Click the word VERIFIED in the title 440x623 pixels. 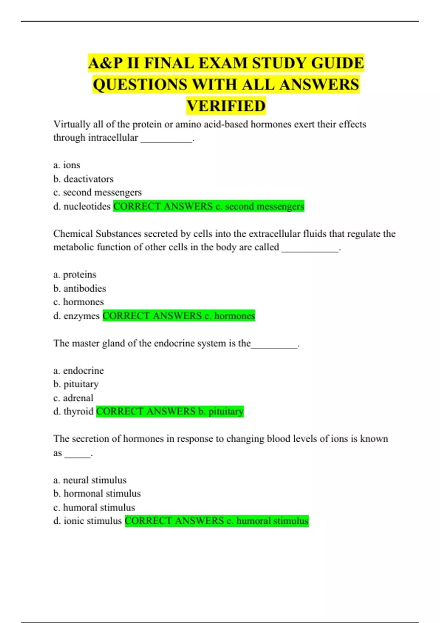tap(226, 106)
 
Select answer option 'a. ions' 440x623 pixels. tap(67, 165)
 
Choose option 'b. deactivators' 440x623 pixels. tap(83, 179)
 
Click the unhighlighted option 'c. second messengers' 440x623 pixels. tap(97, 192)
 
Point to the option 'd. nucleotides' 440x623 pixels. tap(82, 206)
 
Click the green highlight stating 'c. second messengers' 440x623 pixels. tap(209, 206)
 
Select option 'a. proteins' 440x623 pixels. tap(75, 274)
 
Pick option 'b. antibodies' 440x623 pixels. tap(80, 288)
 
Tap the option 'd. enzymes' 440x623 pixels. tap(76, 316)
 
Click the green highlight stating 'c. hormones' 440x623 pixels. tap(179, 316)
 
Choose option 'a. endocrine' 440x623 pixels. tap(78, 371)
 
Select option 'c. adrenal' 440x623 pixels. tap(73, 398)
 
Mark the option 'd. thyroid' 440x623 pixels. tap(73, 412)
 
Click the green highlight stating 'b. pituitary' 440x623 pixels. tap(170, 412)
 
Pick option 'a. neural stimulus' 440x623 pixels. tap(90, 480)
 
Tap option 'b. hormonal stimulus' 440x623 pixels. tap(97, 494)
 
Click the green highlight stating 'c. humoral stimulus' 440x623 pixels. tap(217, 521)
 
